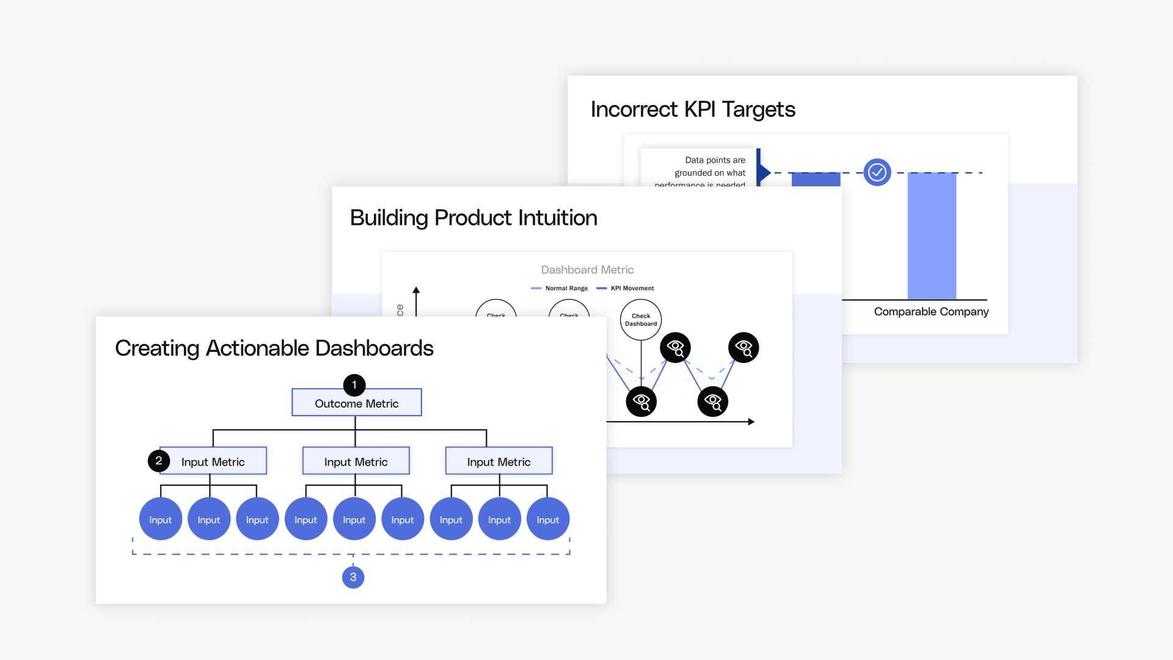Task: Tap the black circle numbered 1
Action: [354, 385]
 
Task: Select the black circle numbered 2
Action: [159, 461]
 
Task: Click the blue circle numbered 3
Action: [353, 577]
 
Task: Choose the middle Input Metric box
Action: [356, 462]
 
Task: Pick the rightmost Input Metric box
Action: [499, 462]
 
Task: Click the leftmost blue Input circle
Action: [161, 519]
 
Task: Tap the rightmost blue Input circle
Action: [548, 519]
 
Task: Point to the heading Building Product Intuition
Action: [473, 218]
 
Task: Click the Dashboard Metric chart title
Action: [587, 269]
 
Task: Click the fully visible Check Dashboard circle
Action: [641, 320]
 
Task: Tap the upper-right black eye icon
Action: [744, 348]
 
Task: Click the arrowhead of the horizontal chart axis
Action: [751, 422]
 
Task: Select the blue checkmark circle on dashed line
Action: [877, 172]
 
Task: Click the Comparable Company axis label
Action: [931, 312]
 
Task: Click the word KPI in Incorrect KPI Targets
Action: [700, 109]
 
